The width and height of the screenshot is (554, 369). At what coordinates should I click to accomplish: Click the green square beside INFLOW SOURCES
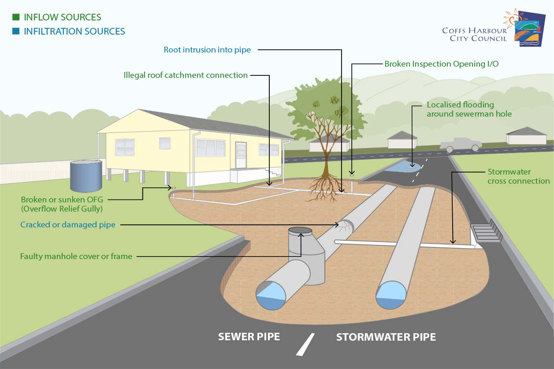16,17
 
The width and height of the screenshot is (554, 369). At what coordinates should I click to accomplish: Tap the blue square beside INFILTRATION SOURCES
16,31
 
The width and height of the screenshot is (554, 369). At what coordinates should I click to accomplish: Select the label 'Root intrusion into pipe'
207,50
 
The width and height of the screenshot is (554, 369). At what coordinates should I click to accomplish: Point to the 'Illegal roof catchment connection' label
185,75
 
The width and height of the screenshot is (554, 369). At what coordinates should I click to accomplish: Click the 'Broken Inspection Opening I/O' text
441,64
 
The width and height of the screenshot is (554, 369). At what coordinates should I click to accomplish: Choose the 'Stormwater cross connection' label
518,176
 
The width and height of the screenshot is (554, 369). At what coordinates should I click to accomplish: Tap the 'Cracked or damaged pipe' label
68,225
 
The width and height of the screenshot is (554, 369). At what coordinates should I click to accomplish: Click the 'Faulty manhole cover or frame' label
76,256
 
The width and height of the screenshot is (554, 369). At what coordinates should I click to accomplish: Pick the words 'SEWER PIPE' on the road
249,337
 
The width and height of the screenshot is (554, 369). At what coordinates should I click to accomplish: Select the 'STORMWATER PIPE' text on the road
386,337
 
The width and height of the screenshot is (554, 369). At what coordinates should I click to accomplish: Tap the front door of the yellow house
241,155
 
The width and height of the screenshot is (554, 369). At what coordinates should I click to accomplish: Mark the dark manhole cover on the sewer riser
300,230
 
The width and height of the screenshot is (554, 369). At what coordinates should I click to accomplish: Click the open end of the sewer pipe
271,295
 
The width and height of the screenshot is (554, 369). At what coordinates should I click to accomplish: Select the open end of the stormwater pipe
391,295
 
